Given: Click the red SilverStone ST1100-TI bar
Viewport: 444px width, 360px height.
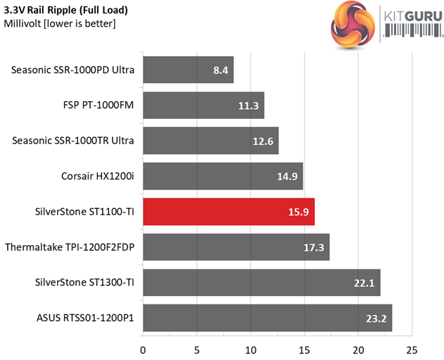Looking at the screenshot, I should tap(229, 212).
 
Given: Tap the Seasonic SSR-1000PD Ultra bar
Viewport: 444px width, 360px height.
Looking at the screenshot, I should tap(188, 70).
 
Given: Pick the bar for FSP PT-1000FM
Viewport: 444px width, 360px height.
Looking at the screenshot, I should tap(203, 105).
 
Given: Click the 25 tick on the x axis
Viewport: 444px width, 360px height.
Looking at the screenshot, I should tap(412, 349).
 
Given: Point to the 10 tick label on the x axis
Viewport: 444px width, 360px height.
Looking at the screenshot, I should tap(251, 349).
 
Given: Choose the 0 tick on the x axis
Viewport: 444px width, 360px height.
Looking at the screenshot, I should tap(144, 349).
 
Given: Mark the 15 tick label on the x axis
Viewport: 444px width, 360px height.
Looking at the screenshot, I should tap(305, 349).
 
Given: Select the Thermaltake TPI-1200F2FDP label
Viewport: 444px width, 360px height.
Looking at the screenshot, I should tap(70, 247).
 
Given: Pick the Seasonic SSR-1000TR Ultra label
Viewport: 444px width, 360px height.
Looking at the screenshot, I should tap(77, 141).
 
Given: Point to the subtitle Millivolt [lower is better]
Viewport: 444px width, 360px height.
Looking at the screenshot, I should tap(60, 23).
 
